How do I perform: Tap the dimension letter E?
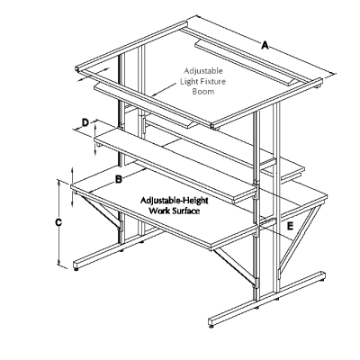pos(289,226)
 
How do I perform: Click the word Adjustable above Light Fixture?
pos(204,70)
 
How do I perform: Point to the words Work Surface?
pos(173,213)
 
